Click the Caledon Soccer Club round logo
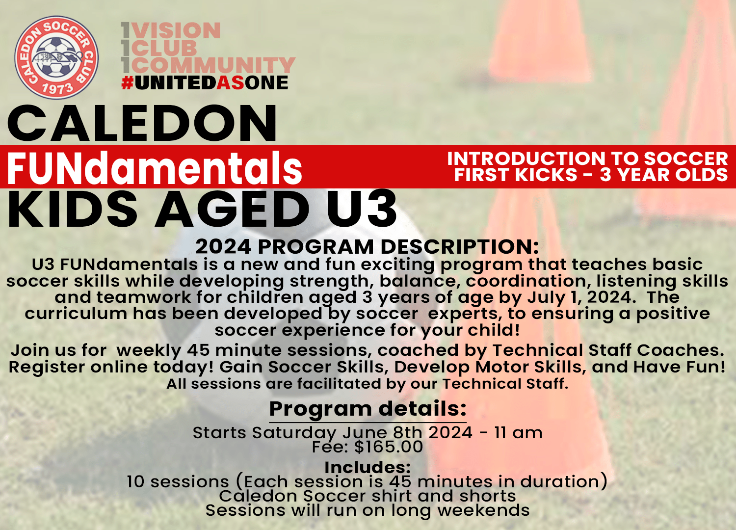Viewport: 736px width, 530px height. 56,57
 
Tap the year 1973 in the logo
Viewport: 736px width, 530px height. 57,89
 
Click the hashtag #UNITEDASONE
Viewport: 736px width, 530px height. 205,83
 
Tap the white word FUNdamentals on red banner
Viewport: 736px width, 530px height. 155,168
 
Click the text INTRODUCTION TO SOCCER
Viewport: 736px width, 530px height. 587,159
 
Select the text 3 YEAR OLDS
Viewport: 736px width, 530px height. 664,175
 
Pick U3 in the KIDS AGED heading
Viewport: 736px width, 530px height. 362,210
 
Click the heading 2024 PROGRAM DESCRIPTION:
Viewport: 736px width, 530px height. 367,246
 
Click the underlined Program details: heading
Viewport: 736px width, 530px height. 368,409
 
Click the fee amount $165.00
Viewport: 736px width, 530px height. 388,447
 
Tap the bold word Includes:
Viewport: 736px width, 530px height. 368,467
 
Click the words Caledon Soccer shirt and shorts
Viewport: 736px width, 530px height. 368,496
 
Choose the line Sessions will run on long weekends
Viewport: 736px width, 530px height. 368,510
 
